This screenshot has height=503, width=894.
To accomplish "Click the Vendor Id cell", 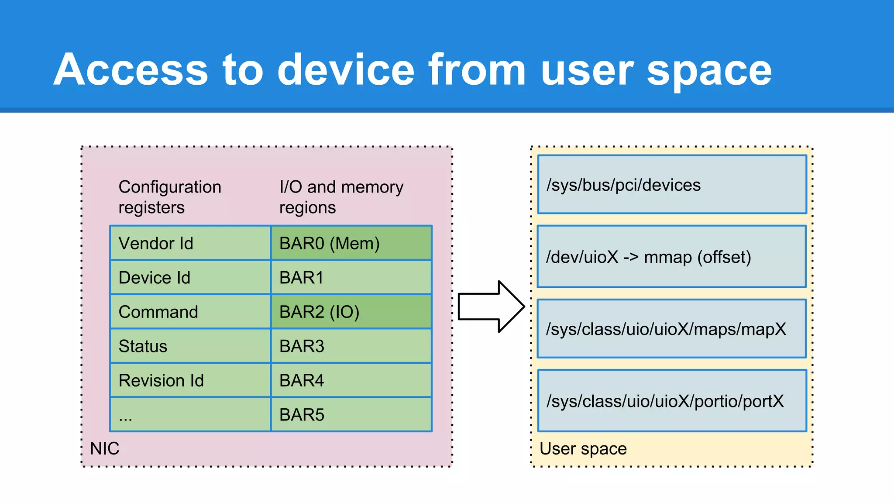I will (x=190, y=243).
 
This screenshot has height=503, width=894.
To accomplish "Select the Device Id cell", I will (x=190, y=278).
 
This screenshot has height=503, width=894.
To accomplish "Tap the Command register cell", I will (x=190, y=312).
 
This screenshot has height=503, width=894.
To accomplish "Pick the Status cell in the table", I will (x=190, y=346).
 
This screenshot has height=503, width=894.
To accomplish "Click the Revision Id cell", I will (x=190, y=380).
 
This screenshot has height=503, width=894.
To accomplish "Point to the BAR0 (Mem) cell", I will (x=351, y=243).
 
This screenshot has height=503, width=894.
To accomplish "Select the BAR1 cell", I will (x=351, y=278).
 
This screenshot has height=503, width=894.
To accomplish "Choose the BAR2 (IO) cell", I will (x=351, y=312).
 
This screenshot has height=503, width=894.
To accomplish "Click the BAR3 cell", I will (x=351, y=346).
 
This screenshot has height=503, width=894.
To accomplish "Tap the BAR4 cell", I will (x=351, y=380).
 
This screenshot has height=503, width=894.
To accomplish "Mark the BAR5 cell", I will (x=351, y=415).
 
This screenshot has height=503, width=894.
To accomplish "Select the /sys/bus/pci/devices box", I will (x=672, y=185).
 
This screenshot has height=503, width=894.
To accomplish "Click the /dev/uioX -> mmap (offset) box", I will (x=671, y=257).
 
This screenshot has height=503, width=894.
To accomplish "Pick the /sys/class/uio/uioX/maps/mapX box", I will (x=671, y=329).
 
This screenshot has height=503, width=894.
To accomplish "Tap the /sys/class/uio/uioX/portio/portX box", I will (x=672, y=401).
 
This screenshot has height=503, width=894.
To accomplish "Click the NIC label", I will (x=105, y=448).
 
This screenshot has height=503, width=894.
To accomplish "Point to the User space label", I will (x=583, y=448).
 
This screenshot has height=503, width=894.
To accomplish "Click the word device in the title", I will (x=346, y=70).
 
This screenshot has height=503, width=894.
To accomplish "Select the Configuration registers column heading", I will (x=170, y=197).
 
